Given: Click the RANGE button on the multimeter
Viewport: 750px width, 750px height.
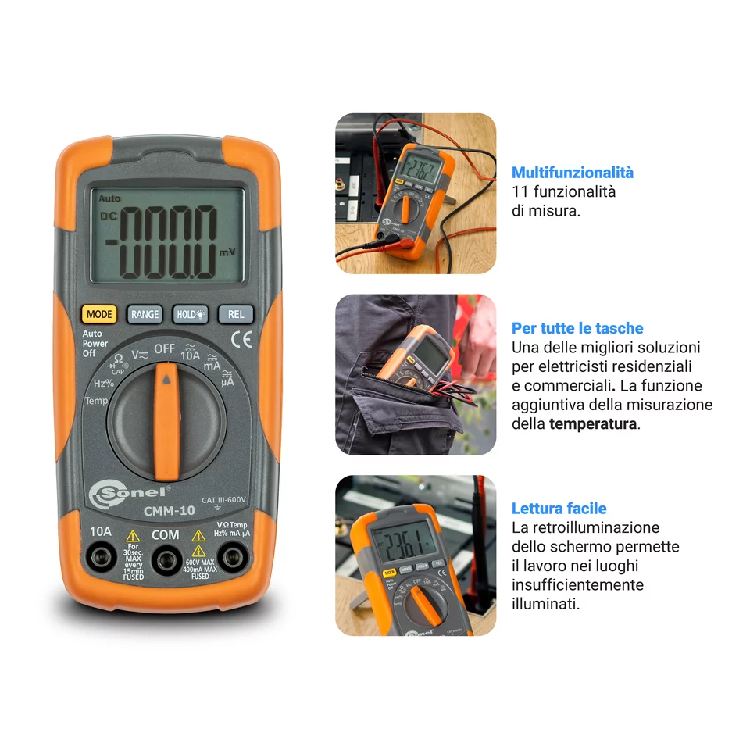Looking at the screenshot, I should (x=145, y=315).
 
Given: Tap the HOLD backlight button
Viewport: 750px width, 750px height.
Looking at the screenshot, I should (x=191, y=315).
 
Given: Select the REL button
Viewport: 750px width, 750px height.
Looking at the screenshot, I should (x=236, y=315).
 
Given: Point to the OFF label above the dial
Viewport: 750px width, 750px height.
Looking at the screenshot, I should (x=164, y=348).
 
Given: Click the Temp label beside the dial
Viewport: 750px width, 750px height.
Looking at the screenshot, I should (x=96, y=401).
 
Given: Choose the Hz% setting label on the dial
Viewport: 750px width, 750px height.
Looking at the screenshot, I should (x=104, y=384).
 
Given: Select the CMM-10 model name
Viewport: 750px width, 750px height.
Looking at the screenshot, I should (x=170, y=512).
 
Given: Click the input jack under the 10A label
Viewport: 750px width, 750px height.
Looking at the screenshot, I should (x=101, y=558).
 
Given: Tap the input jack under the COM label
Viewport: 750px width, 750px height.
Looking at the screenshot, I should (x=165, y=559).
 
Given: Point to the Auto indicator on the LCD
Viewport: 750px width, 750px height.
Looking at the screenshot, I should (x=110, y=199).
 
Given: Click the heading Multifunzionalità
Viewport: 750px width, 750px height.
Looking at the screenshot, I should (x=572, y=173).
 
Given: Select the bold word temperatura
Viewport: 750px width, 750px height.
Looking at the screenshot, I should (x=593, y=424).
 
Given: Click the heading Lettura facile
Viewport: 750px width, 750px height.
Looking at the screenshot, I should (x=559, y=509).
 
